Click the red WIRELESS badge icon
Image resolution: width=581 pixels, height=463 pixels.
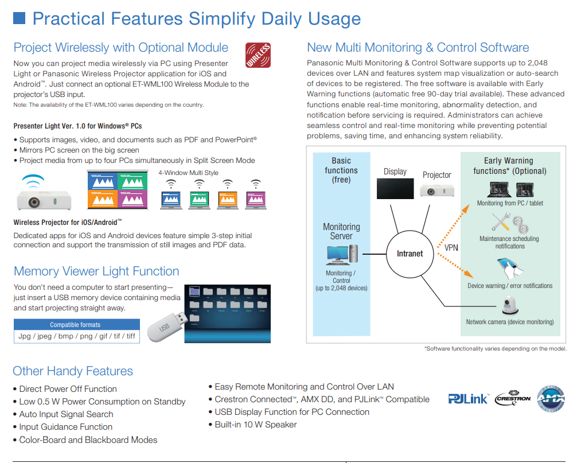point(258,56)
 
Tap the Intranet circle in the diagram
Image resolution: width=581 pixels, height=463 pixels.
point(410,254)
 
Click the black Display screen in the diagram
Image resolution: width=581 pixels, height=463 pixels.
point(395,188)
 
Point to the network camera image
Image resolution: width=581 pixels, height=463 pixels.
point(509,305)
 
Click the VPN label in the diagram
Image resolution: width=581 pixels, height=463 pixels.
point(451,248)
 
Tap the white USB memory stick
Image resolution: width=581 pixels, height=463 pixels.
point(166,325)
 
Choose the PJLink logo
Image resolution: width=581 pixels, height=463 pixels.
point(468,398)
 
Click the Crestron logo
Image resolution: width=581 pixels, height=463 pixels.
point(512,398)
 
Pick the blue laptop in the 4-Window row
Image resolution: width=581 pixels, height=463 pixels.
point(170,199)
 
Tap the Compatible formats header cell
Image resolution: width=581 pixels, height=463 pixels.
point(75,324)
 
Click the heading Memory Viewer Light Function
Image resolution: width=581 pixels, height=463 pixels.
point(96,271)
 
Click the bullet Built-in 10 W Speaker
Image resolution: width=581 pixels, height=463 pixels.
point(256,425)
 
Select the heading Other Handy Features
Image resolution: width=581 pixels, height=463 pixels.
point(73,371)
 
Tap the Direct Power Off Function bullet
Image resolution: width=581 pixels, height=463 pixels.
point(68,389)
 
